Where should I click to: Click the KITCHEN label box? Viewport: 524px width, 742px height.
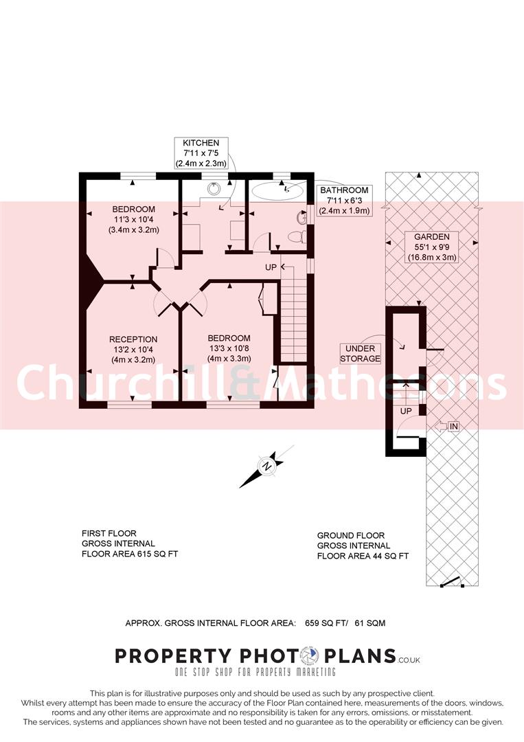[x=201, y=153]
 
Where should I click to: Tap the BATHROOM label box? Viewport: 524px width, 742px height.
[x=344, y=200]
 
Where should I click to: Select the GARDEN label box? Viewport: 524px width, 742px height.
[x=432, y=247]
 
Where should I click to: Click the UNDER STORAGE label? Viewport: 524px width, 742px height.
[x=361, y=354]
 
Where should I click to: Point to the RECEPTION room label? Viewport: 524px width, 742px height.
[x=133, y=339]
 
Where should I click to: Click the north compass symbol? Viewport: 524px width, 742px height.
[x=267, y=466]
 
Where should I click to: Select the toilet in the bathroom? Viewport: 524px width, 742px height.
[x=296, y=236]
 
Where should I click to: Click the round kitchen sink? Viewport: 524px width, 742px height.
[x=214, y=188]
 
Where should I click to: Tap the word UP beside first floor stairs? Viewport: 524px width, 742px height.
[x=271, y=267]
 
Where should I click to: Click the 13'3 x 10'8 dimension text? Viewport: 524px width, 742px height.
[x=229, y=348]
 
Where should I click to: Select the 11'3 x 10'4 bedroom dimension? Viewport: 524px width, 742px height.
[x=134, y=220]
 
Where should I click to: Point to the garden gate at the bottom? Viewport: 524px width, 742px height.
[x=452, y=583]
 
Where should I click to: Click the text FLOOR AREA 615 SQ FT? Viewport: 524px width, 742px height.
[x=130, y=554]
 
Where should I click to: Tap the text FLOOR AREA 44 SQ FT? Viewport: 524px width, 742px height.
[x=363, y=556]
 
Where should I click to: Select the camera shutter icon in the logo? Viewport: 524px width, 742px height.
[x=310, y=656]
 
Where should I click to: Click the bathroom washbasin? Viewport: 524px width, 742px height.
[x=301, y=218]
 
